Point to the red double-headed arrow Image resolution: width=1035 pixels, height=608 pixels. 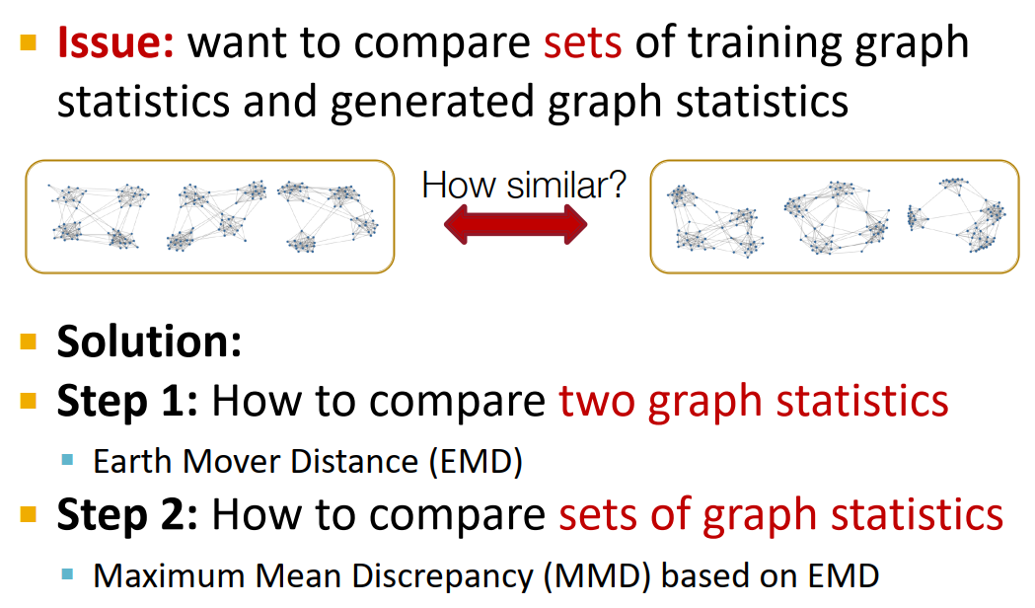click(x=516, y=225)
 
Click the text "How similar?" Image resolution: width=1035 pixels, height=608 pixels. click(x=524, y=185)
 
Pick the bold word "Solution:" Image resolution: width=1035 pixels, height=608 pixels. click(x=149, y=342)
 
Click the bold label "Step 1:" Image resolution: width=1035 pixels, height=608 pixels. click(x=126, y=401)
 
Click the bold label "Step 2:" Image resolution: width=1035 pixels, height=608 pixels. click(x=126, y=514)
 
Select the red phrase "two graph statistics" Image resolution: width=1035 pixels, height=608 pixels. click(x=754, y=401)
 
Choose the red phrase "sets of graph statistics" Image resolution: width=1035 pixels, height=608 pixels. click(x=780, y=514)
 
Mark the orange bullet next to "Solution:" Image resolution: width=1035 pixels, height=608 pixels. click(x=29, y=342)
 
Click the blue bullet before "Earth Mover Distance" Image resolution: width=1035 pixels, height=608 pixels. click(x=68, y=459)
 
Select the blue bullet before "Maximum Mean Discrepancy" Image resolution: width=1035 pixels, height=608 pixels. click(x=68, y=572)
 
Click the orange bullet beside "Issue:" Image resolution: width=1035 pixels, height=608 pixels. click(x=29, y=42)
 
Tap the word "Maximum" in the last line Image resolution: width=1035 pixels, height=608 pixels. click(x=150, y=574)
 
